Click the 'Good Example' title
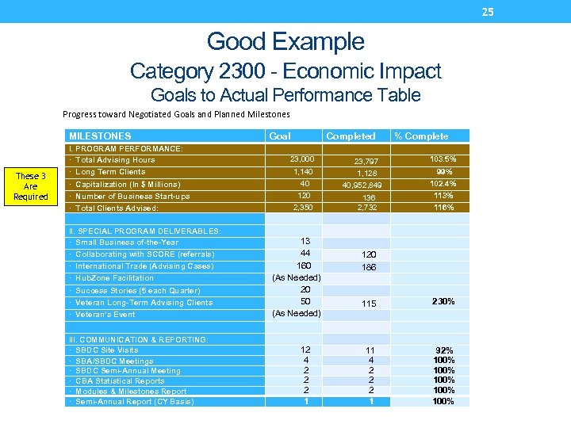coord(285,41)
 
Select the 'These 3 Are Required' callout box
coord(31,186)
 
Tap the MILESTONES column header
coord(100,136)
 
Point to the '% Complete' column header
coord(421,136)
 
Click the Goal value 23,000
coord(302,159)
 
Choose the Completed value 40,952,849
coord(362,185)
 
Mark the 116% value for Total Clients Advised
coord(443,208)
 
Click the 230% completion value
coord(443,302)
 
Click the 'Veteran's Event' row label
coord(105,314)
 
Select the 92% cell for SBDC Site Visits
coord(444,350)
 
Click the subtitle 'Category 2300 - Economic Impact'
coord(285,71)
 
